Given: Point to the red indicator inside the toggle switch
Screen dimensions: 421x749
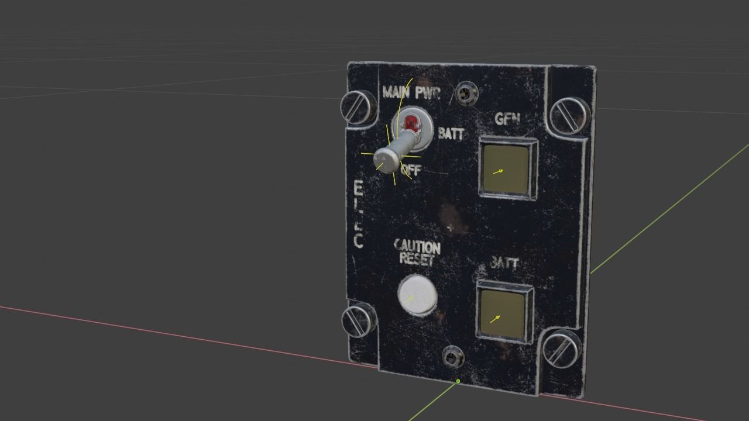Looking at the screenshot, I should point(411,123).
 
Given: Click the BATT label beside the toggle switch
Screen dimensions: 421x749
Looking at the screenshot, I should point(451,134).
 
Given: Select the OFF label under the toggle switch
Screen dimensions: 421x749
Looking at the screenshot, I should point(411,171).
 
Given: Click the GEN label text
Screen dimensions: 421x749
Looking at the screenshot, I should point(507,119).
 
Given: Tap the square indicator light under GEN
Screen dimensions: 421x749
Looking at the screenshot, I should point(508,170).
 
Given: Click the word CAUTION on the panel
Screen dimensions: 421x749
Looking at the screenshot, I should point(417,247).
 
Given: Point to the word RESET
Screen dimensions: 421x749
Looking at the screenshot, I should point(417,259).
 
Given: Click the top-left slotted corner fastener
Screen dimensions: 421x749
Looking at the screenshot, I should point(357,107).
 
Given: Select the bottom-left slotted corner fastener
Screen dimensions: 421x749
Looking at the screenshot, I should point(358,319).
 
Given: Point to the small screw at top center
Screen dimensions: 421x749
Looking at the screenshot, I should point(466,92).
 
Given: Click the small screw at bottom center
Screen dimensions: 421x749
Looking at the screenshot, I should point(452,355).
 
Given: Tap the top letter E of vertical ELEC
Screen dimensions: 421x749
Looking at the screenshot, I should point(358,188).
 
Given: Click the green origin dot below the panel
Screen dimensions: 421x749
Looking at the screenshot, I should point(458,381).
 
